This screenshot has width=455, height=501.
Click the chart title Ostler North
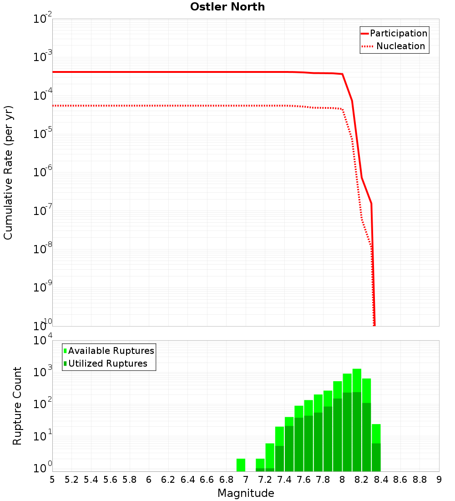click(227, 7)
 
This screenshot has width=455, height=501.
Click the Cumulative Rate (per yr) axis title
click(8, 172)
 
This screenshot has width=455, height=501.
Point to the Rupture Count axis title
click(17, 405)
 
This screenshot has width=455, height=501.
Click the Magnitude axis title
click(246, 493)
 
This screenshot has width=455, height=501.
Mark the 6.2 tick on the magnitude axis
click(168, 480)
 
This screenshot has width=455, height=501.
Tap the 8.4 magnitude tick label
click(381, 480)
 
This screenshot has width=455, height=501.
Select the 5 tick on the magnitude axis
click(52, 480)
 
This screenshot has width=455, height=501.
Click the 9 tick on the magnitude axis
click(439, 480)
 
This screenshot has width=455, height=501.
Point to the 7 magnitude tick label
click(246, 480)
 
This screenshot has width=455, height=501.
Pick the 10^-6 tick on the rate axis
click(43, 173)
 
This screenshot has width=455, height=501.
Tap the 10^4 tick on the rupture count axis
click(43, 341)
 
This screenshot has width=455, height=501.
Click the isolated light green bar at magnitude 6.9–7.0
click(241, 465)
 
